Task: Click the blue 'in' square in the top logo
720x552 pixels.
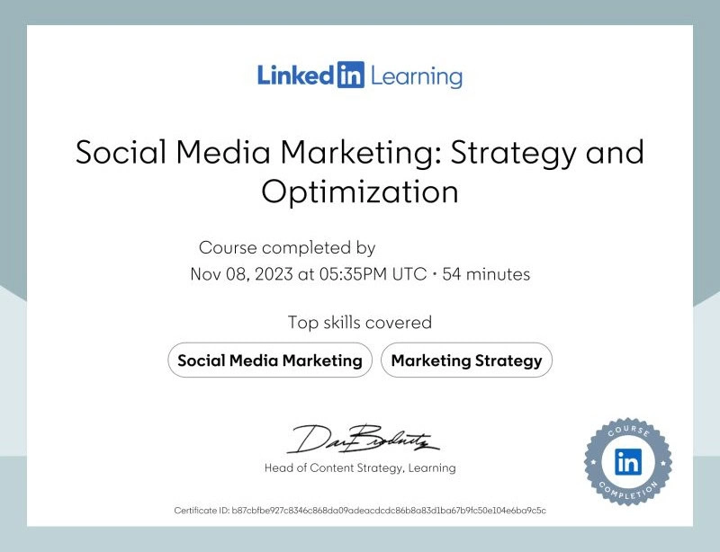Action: (x=350, y=75)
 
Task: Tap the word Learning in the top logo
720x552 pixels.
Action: (x=415, y=76)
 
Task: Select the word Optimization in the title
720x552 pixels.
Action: (x=360, y=191)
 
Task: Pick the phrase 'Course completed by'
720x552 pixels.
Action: (x=287, y=247)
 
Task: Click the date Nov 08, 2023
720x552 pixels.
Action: (x=241, y=274)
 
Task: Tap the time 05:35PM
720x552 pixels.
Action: (x=355, y=274)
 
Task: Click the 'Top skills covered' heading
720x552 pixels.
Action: (x=360, y=322)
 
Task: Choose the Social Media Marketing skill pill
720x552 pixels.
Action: (x=270, y=361)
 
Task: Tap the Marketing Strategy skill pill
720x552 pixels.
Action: (x=466, y=361)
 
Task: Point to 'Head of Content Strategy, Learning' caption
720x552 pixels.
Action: (x=360, y=467)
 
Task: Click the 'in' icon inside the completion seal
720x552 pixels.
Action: (x=627, y=462)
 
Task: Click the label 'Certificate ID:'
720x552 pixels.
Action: (x=202, y=511)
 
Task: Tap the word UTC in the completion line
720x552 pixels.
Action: (x=410, y=274)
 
